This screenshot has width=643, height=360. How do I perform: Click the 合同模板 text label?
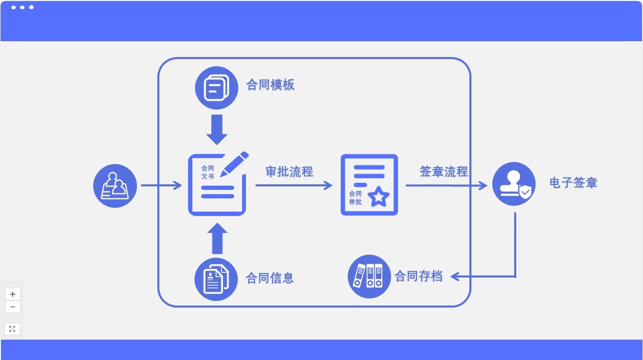point(270,85)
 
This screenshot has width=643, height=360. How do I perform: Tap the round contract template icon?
point(217,88)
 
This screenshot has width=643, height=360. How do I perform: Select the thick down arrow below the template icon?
point(217,129)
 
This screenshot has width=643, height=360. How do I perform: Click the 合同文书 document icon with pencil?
point(217,184)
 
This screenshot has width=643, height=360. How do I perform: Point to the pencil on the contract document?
point(234,163)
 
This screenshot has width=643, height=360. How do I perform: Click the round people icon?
point(115,186)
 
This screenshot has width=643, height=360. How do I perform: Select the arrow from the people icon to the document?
point(161,185)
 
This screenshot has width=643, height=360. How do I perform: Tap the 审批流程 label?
point(289,172)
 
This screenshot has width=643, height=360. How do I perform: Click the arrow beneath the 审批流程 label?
point(293,185)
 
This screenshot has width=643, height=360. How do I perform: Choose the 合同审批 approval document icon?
point(369,184)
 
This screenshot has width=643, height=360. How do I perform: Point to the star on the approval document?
point(378,197)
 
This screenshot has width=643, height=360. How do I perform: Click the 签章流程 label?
point(443,172)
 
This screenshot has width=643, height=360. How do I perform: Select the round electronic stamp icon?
point(514,184)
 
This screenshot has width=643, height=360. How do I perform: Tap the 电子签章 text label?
point(573,183)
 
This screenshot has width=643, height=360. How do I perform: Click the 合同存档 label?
point(418,276)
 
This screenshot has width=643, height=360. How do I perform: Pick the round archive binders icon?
point(369,276)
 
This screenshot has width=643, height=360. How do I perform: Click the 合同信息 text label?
point(270,278)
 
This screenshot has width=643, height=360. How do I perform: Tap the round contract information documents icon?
point(216,279)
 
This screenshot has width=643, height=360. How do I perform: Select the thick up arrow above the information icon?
point(217,238)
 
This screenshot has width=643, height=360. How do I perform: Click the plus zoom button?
point(12,294)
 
